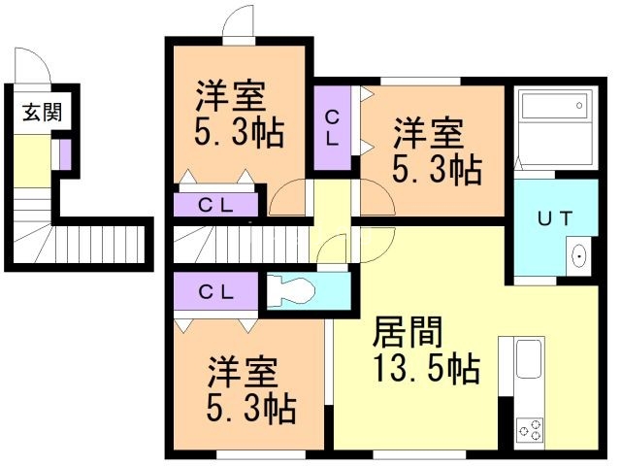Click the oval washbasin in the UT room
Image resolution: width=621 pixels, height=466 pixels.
click(579, 256)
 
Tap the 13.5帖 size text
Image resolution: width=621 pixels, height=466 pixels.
click(427, 370)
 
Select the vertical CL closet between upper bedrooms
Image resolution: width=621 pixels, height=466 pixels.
click(332, 128)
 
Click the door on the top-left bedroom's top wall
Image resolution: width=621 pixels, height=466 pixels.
click(237, 26)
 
